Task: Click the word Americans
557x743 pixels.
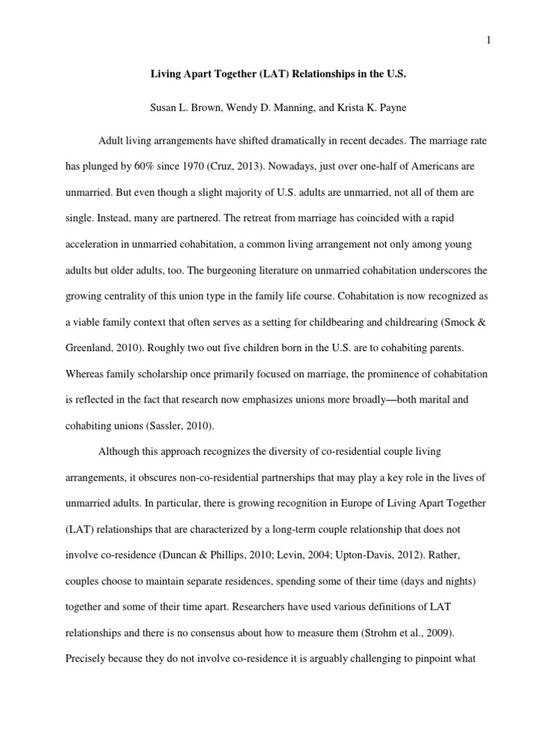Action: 429,166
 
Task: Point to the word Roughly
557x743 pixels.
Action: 170,348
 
